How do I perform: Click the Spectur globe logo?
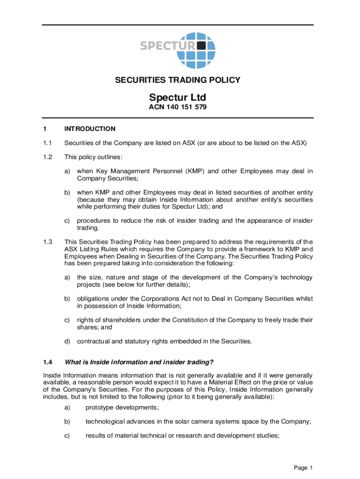(197, 50)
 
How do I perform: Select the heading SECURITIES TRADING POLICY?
(178, 80)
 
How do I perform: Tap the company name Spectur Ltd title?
(178, 97)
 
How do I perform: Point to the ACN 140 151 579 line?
(178, 107)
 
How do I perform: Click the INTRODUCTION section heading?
(90, 129)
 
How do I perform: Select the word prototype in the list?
(101, 407)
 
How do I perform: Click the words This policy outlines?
(94, 157)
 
